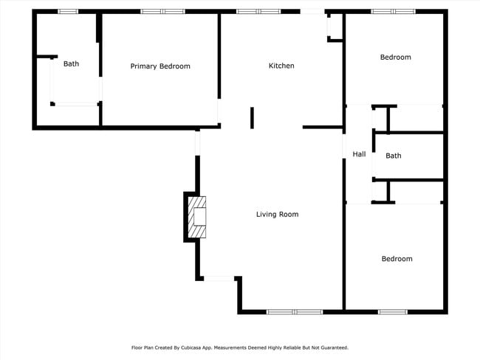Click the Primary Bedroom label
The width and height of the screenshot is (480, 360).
point(160,66)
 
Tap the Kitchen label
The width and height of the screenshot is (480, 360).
point(281,66)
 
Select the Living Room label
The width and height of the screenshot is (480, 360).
point(277,215)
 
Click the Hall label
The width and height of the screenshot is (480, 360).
point(359,154)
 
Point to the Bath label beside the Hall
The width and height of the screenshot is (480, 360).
point(394,156)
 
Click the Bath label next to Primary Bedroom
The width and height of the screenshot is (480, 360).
point(71,64)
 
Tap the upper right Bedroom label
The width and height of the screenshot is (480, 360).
point(395,58)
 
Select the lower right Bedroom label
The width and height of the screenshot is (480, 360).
point(397,259)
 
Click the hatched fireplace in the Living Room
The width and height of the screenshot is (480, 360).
point(196,218)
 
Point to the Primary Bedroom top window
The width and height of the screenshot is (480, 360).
point(162,11)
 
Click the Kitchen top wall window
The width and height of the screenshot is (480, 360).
point(258,11)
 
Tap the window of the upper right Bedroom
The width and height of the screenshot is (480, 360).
point(393,11)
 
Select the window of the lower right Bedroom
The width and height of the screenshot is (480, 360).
point(392,312)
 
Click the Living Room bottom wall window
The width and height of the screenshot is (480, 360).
point(295,312)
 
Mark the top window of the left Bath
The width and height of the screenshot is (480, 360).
point(68,11)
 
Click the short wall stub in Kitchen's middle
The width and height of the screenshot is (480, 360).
point(252,118)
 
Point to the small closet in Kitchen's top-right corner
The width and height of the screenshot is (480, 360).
point(335,26)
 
